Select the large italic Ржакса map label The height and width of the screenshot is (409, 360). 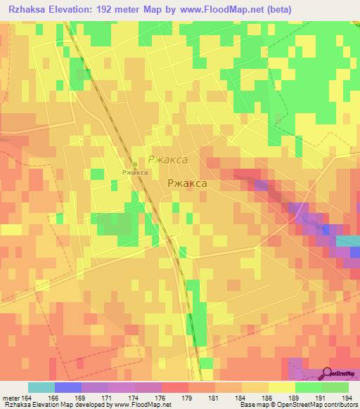pyautogui.click(x=167, y=160)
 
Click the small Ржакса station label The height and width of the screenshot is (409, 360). pyautogui.click(x=134, y=172)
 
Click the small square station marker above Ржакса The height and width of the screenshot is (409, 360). pyautogui.click(x=135, y=164)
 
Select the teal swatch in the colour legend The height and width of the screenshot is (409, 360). pyautogui.click(x=41, y=387)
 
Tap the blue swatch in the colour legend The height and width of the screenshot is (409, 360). pyautogui.click(x=67, y=387)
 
